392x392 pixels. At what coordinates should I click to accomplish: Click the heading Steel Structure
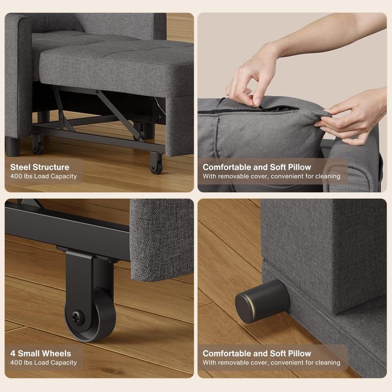tap(40, 167)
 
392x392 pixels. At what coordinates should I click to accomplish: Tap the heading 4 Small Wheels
tap(41, 353)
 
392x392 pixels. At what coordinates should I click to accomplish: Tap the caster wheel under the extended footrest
tap(156, 164)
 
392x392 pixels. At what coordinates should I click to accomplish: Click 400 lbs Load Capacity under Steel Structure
tap(44, 176)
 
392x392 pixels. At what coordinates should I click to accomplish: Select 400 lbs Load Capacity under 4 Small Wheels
tap(44, 363)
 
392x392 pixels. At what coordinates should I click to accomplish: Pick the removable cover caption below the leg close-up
tap(271, 363)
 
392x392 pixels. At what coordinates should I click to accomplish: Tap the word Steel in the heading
tap(21, 167)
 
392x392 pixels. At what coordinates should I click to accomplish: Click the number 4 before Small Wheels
tap(13, 353)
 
